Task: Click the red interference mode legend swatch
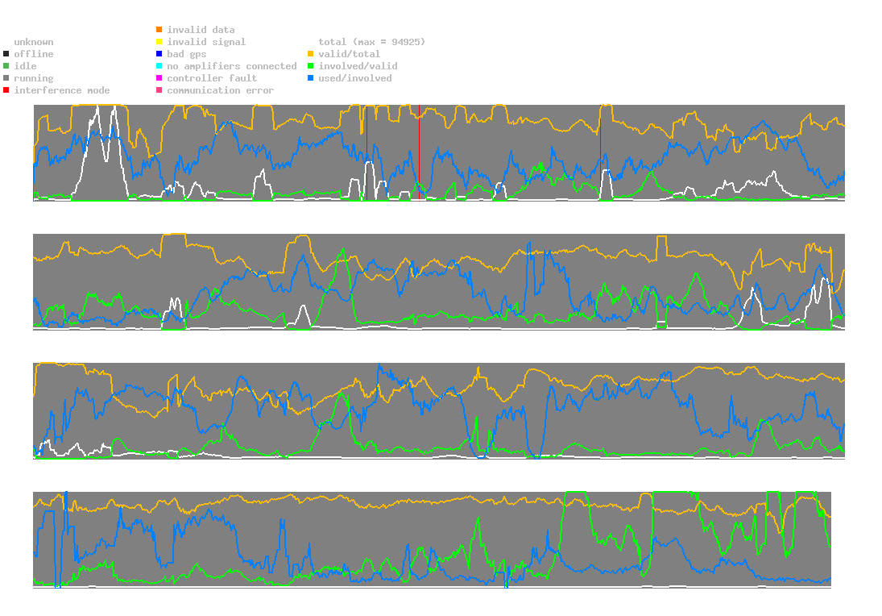click(6, 90)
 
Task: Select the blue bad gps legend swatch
click(159, 54)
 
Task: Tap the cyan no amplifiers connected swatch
click(159, 66)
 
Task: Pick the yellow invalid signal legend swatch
click(159, 42)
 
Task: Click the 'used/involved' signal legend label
click(355, 78)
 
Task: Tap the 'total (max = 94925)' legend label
click(371, 42)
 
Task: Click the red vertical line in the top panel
click(419, 153)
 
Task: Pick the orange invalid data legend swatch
click(159, 30)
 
